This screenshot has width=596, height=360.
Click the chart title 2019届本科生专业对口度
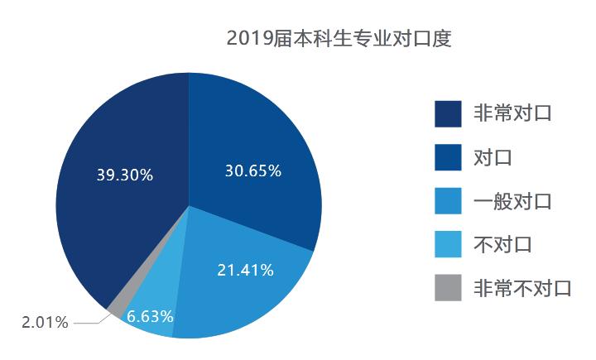coord(339,40)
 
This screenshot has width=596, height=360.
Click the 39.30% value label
coord(124,175)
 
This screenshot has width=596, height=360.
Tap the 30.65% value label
coord(253,171)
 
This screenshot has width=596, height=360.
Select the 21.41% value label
coord(246,270)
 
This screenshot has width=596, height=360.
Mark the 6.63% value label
coord(150,316)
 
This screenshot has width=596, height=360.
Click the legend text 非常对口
coord(512,113)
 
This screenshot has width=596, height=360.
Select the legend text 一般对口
coord(512,200)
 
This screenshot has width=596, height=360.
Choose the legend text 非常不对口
coord(522,288)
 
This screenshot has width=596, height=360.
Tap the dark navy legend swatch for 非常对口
coord(448,113)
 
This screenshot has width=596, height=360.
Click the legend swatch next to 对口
coord(448,157)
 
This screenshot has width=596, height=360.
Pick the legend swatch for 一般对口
coord(448,201)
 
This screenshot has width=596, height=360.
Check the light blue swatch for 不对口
coord(448,245)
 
